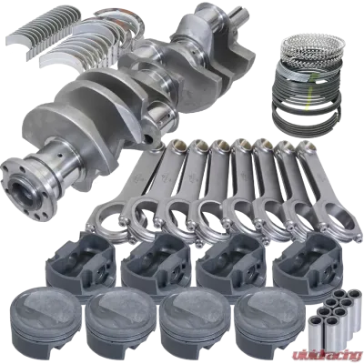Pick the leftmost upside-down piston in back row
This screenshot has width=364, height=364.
[81, 261]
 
